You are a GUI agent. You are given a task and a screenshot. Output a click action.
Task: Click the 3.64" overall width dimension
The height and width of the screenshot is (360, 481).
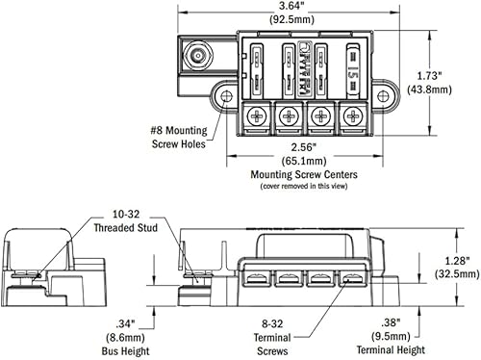[x=291, y=6]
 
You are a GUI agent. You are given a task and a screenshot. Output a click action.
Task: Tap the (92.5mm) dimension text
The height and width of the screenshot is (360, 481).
[x=291, y=19]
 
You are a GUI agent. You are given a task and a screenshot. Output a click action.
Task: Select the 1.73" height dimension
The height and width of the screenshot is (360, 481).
[x=429, y=76]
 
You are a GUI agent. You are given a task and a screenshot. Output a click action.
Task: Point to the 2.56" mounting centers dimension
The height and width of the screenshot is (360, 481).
[x=303, y=147]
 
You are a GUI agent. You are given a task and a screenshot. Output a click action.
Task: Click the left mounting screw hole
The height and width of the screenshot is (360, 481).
[x=227, y=96]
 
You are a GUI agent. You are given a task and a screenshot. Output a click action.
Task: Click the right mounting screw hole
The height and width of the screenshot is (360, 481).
[x=383, y=96]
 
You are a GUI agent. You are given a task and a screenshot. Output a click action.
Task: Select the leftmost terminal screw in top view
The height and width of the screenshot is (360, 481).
[x=257, y=116]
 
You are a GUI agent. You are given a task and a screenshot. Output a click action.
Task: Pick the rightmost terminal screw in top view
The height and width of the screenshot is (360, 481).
[x=353, y=116]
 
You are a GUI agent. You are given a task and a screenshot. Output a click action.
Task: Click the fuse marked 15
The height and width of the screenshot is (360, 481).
[x=353, y=70]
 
